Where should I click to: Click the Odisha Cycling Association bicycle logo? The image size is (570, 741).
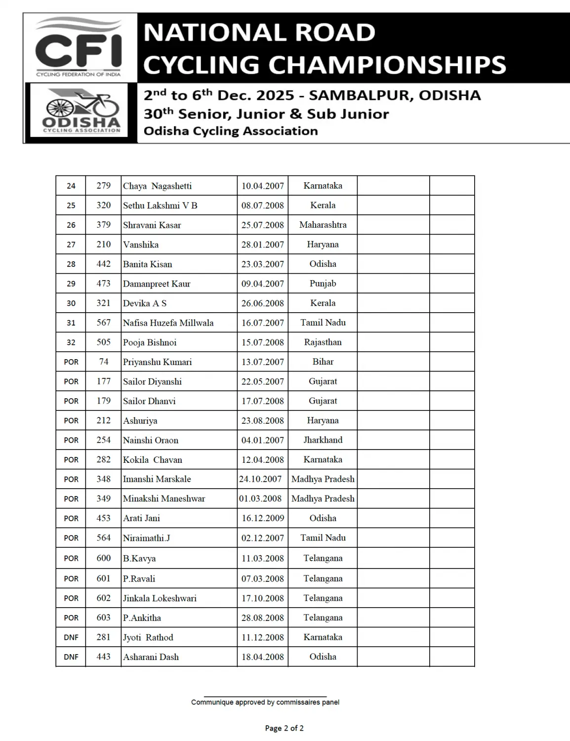pyautogui.click(x=81, y=110)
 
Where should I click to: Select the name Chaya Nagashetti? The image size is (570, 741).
pyautogui.click(x=157, y=186)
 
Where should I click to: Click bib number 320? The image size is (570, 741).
pyautogui.click(x=103, y=206)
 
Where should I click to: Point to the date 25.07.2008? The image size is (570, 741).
pyautogui.click(x=262, y=225)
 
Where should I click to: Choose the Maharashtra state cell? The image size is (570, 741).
pyautogui.click(x=323, y=225)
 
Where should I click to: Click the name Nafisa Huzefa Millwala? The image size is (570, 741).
pyautogui.click(x=168, y=323)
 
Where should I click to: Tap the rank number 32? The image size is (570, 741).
pyautogui.click(x=71, y=342)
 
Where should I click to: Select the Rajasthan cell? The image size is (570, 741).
pyautogui.click(x=323, y=342)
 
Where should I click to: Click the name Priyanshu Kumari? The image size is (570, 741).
pyautogui.click(x=157, y=362)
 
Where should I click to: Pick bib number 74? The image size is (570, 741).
pyautogui.click(x=103, y=362)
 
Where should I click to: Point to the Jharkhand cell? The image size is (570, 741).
pyautogui.click(x=323, y=440)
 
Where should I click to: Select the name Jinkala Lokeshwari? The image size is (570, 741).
pyautogui.click(x=160, y=598)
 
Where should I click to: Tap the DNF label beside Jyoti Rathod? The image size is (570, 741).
pyautogui.click(x=71, y=637)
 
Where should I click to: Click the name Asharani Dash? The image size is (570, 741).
pyautogui.click(x=151, y=657)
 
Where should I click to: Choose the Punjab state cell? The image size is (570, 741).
pyautogui.click(x=323, y=284)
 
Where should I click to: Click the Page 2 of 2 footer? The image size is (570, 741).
pyautogui.click(x=284, y=728)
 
